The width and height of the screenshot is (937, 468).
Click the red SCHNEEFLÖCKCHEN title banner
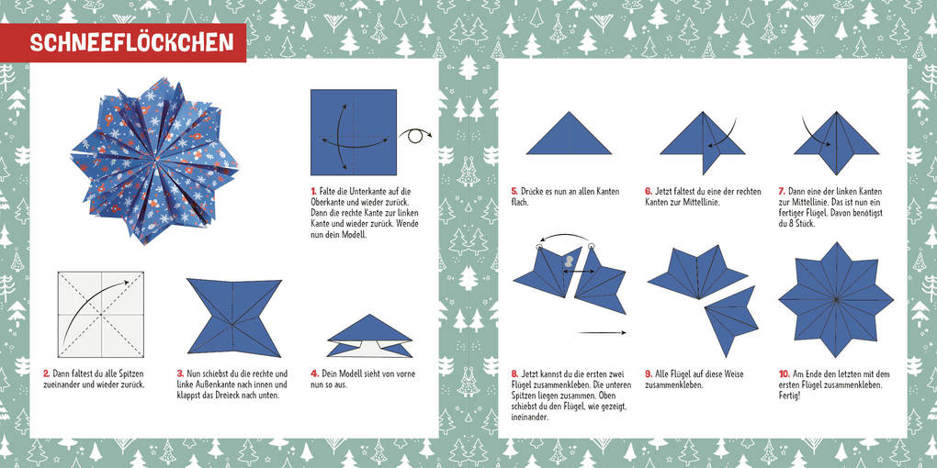[123, 43]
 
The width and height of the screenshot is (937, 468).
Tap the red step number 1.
[313, 191]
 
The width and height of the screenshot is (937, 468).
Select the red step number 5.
[514, 192]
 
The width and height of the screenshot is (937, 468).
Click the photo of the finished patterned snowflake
[154, 160]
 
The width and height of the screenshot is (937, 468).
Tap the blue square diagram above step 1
[354, 132]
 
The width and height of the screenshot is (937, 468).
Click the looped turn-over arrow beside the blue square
[415, 135]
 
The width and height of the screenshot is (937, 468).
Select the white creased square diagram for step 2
[101, 315]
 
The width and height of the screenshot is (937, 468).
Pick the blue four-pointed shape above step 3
[234, 317]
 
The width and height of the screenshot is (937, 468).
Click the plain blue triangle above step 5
[569, 134]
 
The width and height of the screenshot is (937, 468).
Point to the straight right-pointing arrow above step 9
[602, 332]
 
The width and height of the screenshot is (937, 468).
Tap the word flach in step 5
[521, 203]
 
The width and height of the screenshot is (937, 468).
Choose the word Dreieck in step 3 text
[235, 396]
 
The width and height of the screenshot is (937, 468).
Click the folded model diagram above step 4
[370, 336]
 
